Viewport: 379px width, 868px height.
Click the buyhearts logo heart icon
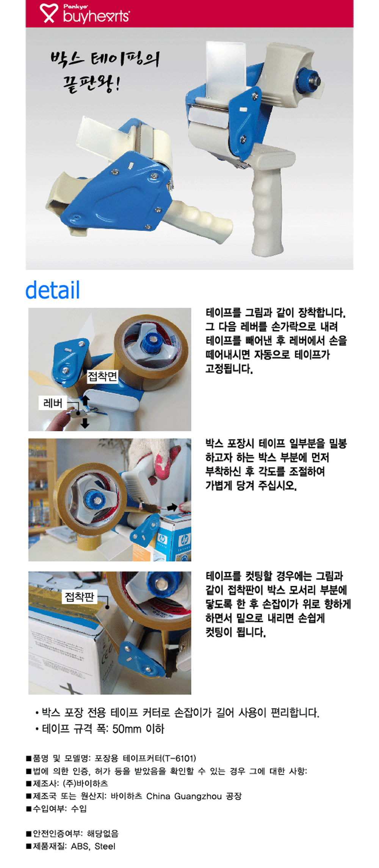pos(49,13)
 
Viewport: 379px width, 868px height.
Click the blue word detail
pos(52,290)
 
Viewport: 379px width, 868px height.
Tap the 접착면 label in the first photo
pos(102,376)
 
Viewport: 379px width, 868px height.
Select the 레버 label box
pos(53,403)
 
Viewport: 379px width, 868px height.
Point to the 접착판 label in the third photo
pos(80,597)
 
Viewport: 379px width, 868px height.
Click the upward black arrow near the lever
pos(85,400)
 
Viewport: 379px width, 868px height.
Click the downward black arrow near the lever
pos(85,423)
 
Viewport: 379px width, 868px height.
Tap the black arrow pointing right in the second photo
pos(172,507)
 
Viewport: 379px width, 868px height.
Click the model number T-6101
pos(179,758)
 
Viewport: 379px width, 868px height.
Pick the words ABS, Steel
pos(93,846)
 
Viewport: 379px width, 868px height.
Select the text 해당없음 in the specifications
pos(103,833)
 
